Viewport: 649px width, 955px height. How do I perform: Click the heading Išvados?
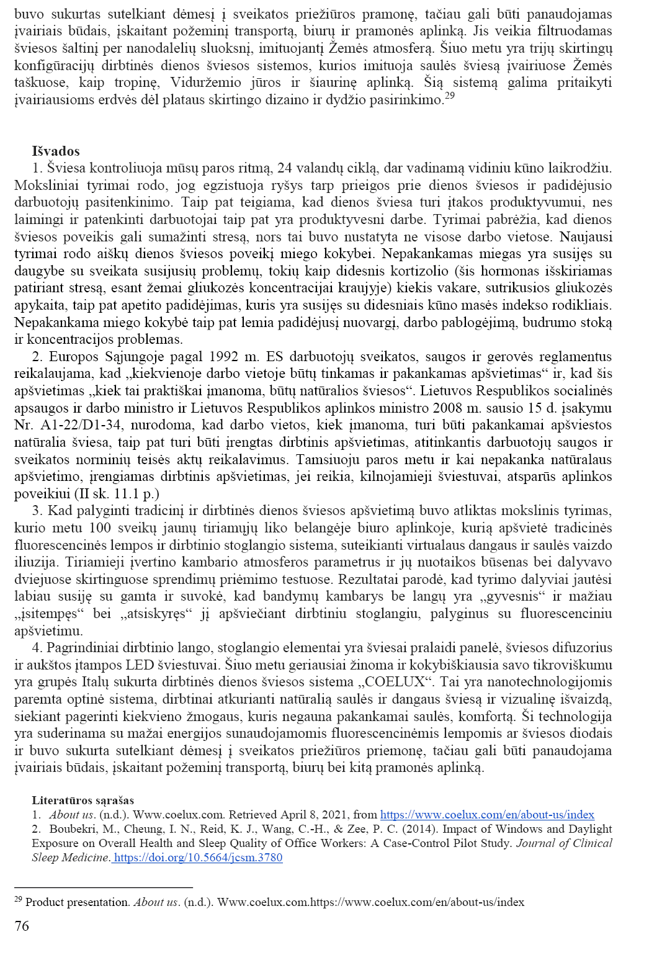pyautogui.click(x=56, y=151)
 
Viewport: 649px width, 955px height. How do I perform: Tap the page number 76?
pyautogui.click(x=22, y=926)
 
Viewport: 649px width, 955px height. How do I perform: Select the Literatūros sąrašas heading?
pyautogui.click(x=83, y=800)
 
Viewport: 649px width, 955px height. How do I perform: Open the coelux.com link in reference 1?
pyautogui.click(x=487, y=815)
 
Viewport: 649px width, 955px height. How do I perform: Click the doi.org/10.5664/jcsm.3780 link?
pyautogui.click(x=199, y=858)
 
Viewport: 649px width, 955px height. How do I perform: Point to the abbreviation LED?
pyautogui.click(x=140, y=665)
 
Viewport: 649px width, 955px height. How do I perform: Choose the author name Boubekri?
pyautogui.click(x=74, y=829)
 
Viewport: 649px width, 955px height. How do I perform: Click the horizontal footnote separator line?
pyautogui.click(x=103, y=887)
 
